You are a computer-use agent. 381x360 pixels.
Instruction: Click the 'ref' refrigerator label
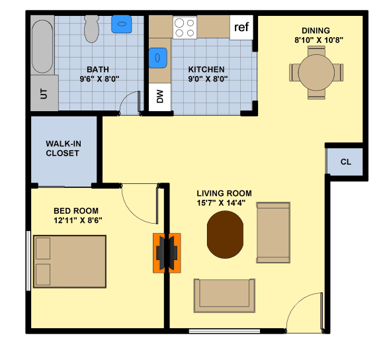coord(241,28)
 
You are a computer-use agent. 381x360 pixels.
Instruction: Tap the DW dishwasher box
coord(159,98)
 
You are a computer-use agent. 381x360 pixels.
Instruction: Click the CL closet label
coord(345,162)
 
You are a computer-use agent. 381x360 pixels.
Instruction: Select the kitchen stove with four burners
coord(185,27)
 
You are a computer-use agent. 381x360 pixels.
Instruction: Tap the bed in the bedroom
coord(69,262)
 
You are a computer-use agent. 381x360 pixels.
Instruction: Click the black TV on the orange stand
coord(167,252)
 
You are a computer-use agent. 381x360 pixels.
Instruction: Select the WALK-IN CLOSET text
coord(62,148)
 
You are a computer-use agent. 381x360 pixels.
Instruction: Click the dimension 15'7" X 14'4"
coord(224,202)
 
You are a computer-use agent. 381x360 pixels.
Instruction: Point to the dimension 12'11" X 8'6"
coord(77,220)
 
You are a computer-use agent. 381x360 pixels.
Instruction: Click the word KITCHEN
coord(206,69)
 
